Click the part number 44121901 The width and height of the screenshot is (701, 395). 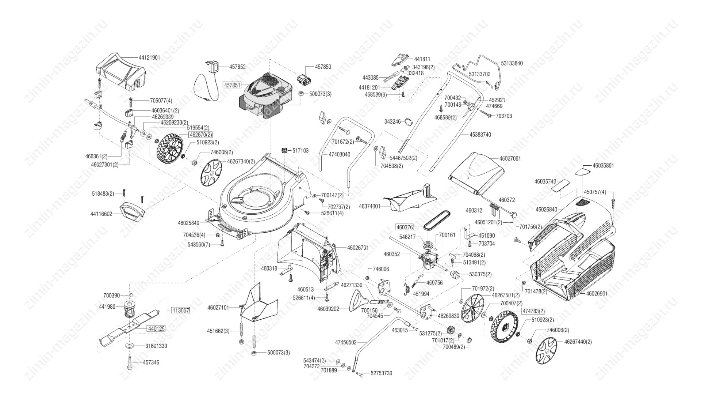149,58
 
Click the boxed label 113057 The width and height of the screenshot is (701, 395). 180,311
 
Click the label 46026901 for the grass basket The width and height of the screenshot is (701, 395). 597,293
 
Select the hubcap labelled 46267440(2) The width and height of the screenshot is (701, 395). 547,351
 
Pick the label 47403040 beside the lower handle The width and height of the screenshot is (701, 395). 339,154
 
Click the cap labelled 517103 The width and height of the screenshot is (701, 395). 284,151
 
